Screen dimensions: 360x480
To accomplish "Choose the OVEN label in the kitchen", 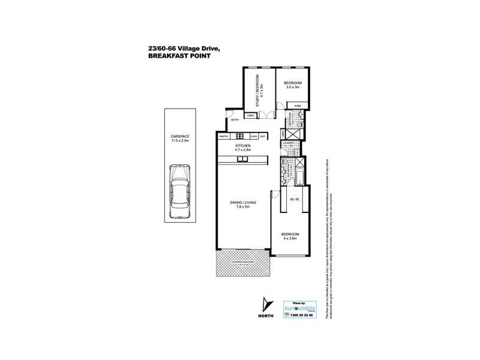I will tap(254, 136).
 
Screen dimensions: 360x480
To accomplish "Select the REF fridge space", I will tap(263, 136).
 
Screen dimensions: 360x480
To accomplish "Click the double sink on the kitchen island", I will tap(242, 159).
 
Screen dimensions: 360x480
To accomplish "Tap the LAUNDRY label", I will tap(288, 142).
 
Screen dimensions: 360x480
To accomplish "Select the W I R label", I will tap(295, 198).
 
